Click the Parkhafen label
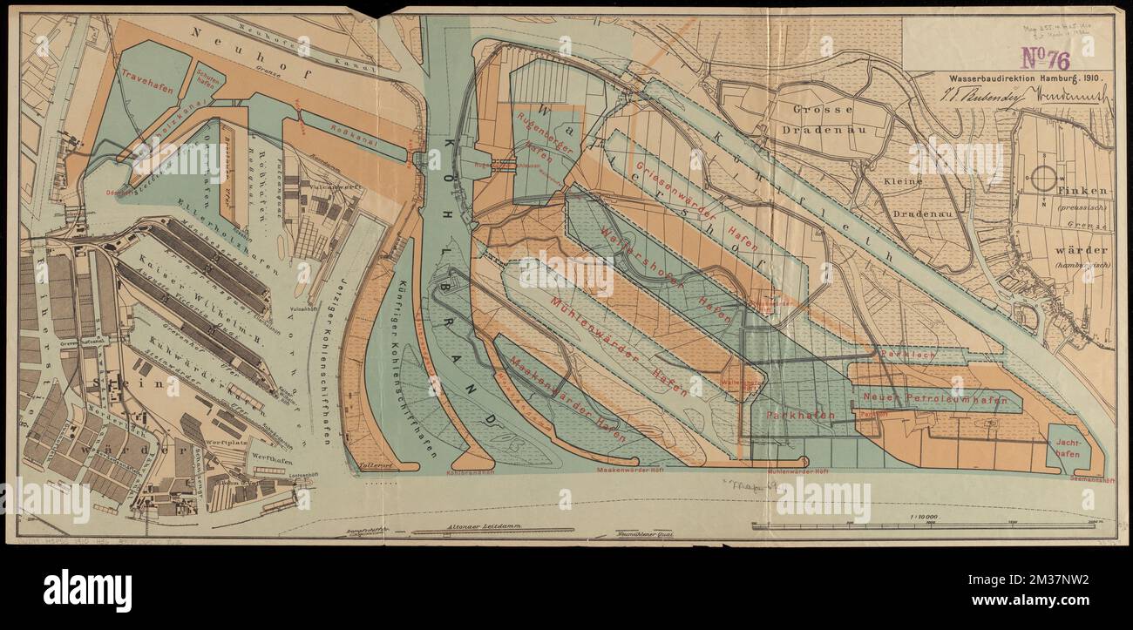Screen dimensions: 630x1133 pyautogui.click(x=800, y=416)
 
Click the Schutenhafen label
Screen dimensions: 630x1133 pyautogui.click(x=208, y=80)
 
